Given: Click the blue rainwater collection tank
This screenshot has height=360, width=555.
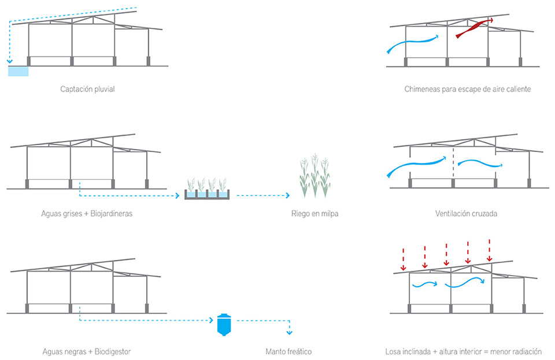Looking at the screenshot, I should (x=18, y=71).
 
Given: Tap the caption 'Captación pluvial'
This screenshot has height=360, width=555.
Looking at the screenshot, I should (x=91, y=89).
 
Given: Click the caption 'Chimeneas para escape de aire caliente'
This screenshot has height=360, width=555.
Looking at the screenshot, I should (x=467, y=90).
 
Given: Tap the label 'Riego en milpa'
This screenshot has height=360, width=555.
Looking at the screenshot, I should (x=314, y=214).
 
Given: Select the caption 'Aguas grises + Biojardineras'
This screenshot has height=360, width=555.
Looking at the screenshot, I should (x=87, y=214).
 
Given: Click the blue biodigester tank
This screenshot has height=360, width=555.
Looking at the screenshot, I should (x=223, y=325).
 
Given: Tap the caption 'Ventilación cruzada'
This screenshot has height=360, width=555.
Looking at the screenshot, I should (x=466, y=214).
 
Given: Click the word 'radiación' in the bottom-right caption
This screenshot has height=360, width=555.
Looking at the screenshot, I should (x=527, y=351).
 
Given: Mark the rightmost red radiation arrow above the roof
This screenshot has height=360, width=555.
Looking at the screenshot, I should (x=490, y=249).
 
